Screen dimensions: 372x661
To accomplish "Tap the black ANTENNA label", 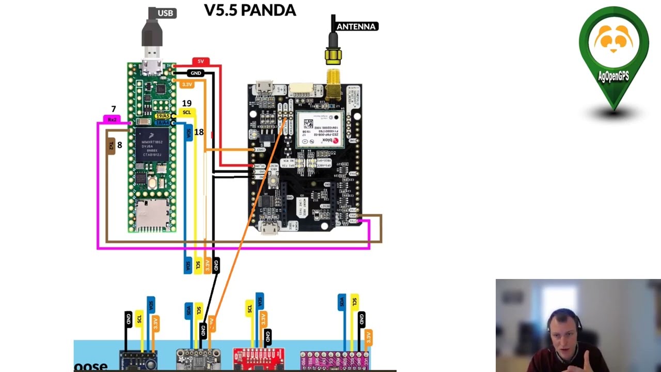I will coord(356,26).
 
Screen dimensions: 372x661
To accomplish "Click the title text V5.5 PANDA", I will coord(250,10).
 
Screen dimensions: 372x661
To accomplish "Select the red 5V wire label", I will coord(201,61).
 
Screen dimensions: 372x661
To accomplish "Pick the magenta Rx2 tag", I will coord(112,119).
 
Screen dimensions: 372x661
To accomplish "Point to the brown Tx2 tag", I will coord(111,146).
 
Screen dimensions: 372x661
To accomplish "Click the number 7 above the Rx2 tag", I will coord(114,109).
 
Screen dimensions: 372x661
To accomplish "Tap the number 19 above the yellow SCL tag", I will coord(187,103).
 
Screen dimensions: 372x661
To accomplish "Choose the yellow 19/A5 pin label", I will coord(163,116).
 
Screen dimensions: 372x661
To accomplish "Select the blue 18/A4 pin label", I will coord(162,122).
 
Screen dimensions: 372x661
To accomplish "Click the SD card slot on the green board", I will coord(152,215).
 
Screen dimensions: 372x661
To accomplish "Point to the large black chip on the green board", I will coord(152,145).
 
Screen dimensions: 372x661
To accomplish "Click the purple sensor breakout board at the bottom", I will coord(334,360).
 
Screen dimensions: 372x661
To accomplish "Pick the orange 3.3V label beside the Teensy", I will coord(187,84).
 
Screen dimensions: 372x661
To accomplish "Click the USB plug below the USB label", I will coord(152,39).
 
